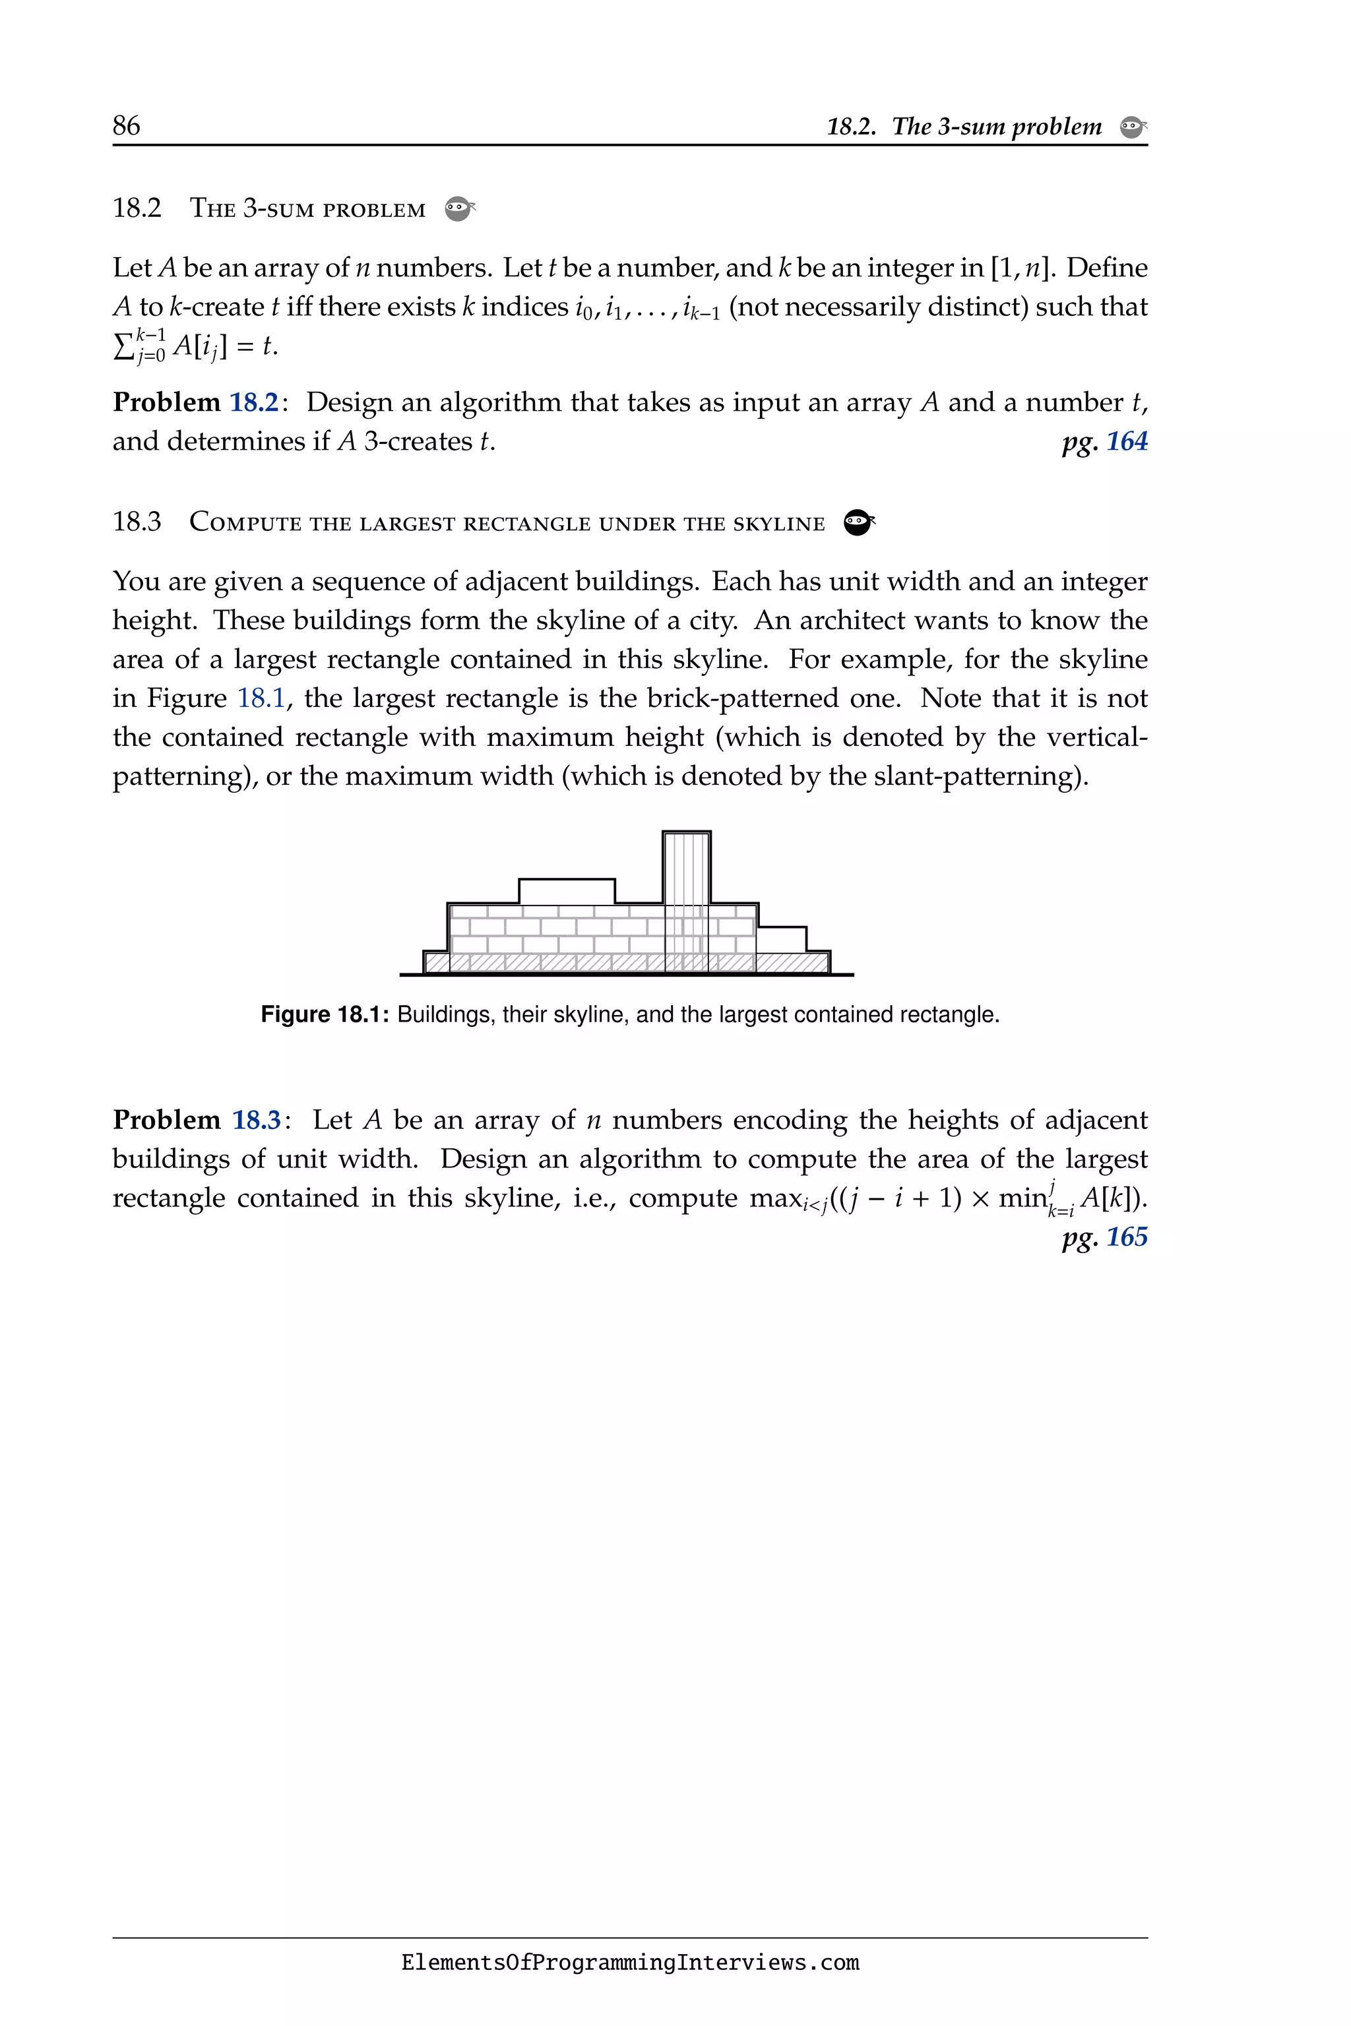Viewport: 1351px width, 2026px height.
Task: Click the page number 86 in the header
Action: pos(126,126)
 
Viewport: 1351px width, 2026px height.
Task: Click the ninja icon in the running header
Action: pos(1132,127)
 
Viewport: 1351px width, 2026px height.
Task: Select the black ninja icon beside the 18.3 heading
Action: pos(858,522)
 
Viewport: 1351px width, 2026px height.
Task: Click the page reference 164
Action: pos(1126,442)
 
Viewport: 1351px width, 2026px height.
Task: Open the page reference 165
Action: pos(1126,1237)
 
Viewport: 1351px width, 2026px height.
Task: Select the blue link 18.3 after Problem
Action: pos(257,1120)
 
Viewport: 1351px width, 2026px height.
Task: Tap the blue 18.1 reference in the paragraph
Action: pos(260,698)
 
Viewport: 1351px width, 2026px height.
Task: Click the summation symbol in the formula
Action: pos(123,346)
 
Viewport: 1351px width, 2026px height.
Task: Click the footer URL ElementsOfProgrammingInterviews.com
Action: pos(630,1963)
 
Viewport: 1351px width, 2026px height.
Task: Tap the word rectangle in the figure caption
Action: pos(951,1015)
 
